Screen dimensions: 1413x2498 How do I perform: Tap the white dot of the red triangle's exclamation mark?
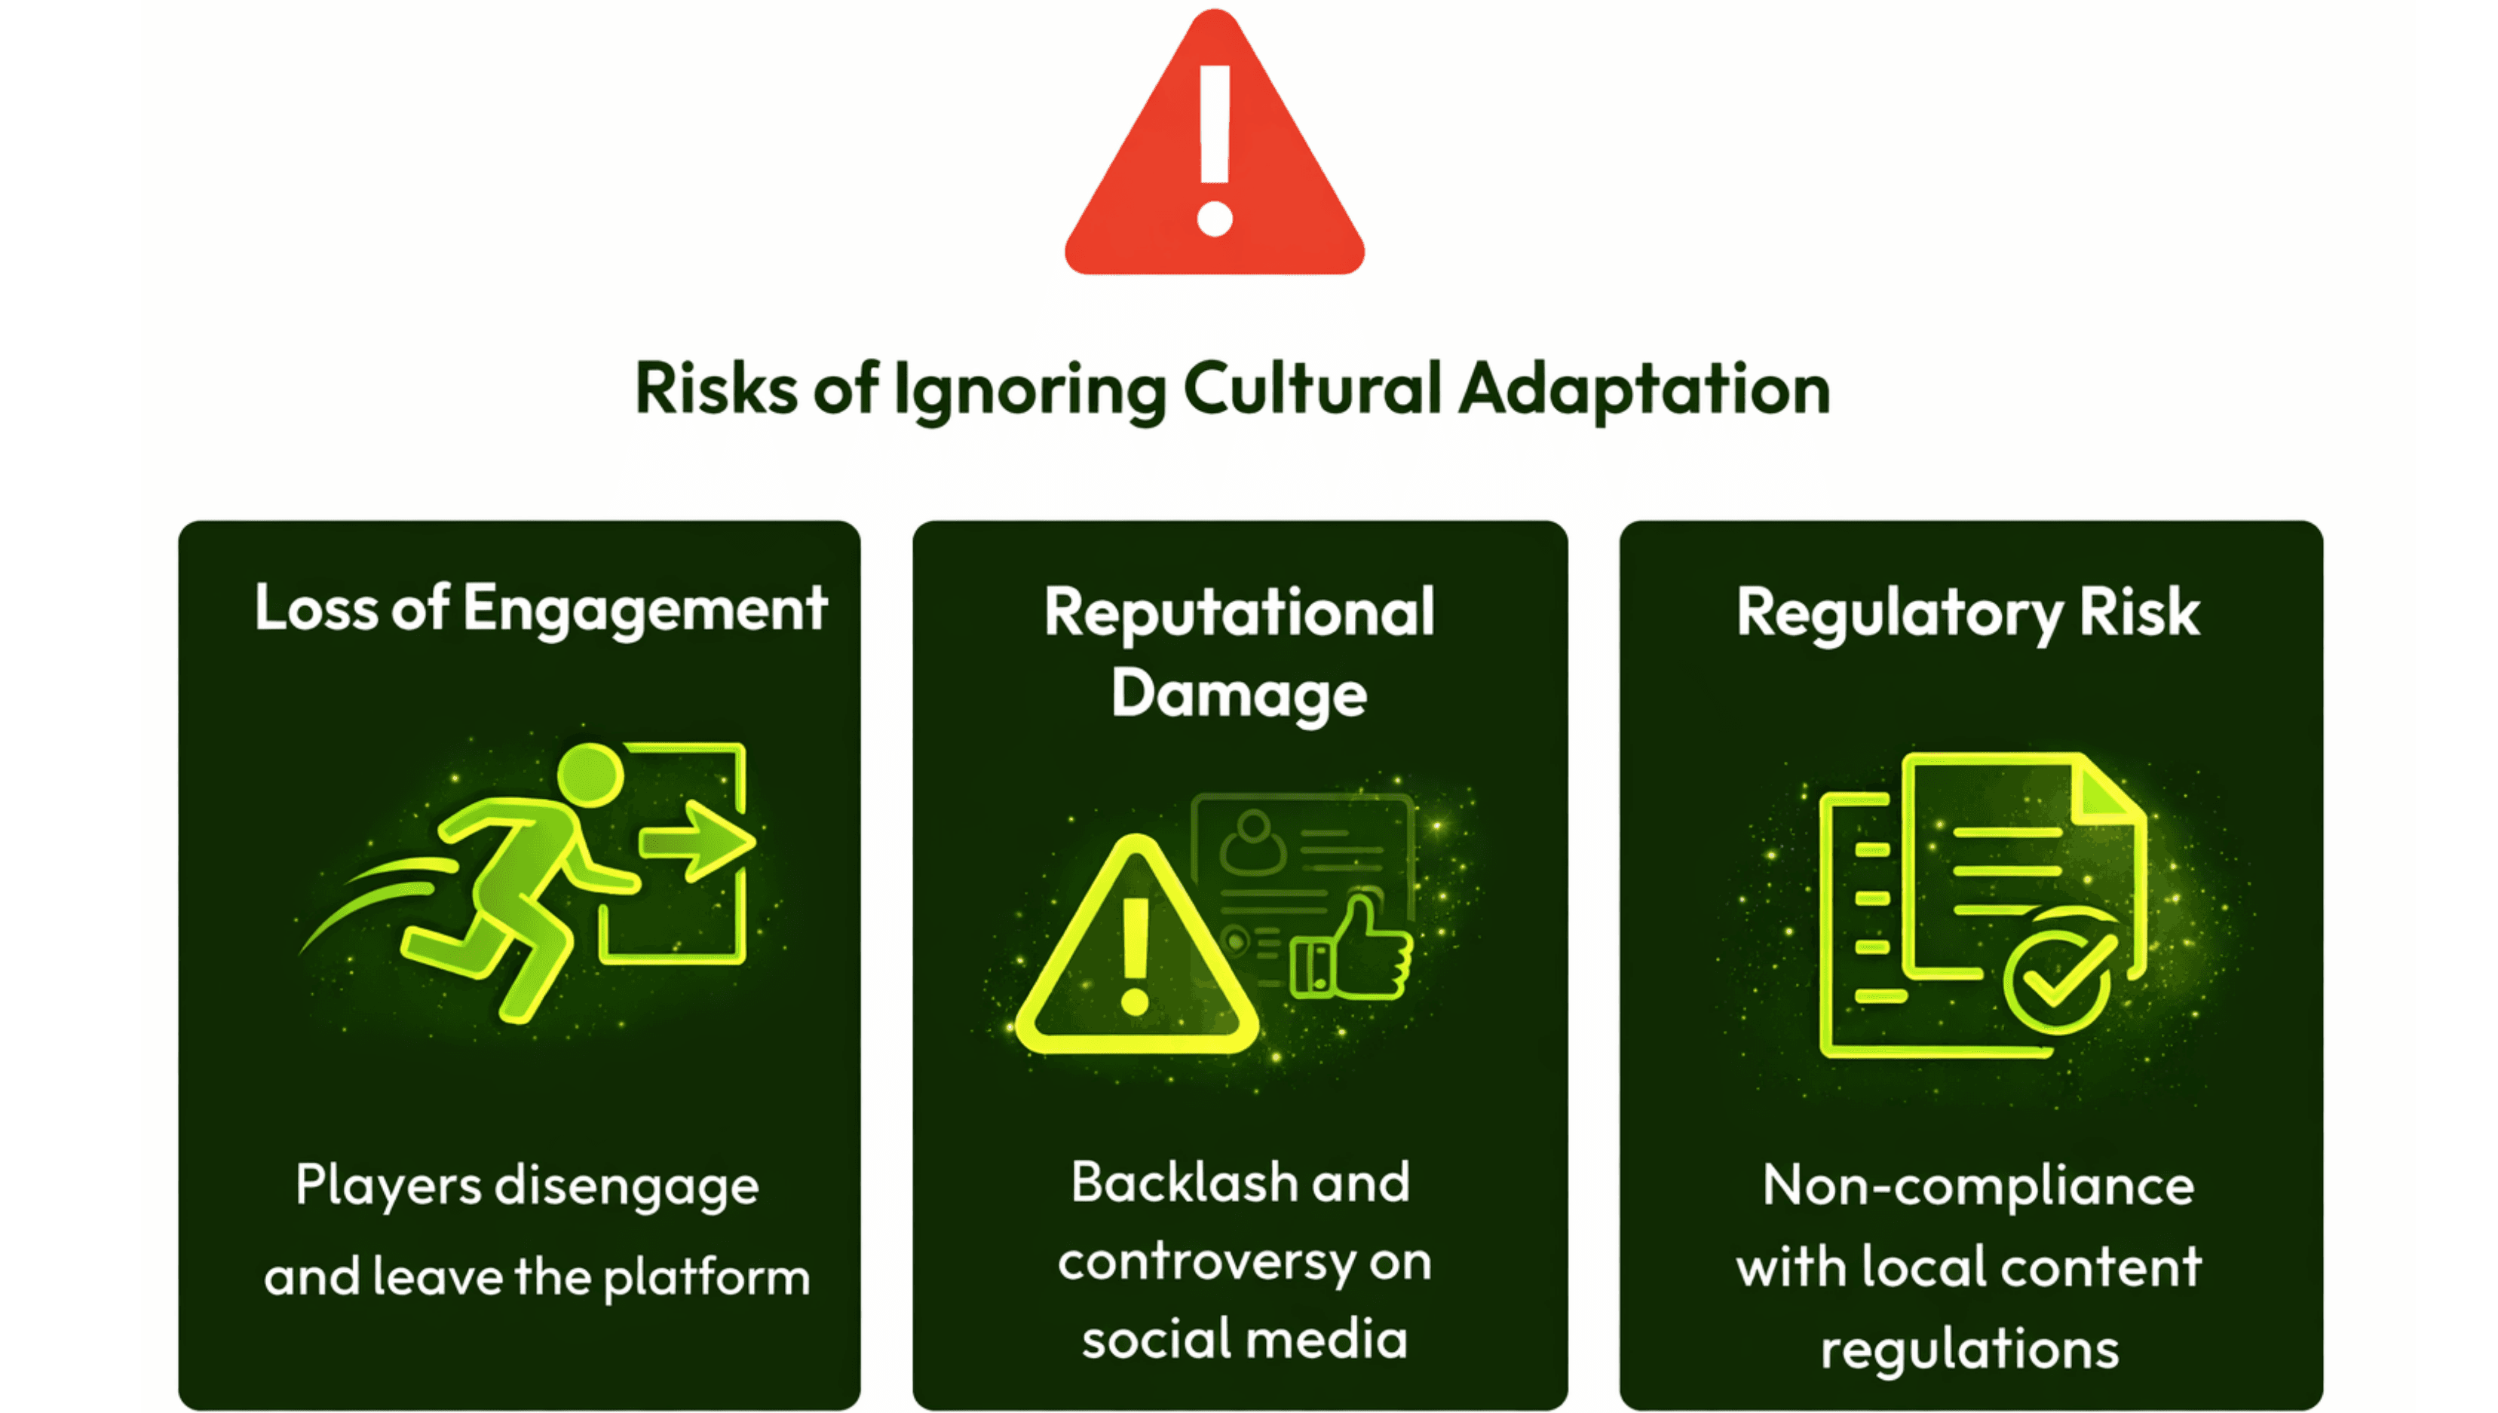click(x=1215, y=219)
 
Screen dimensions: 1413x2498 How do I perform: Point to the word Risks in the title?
click(x=716, y=389)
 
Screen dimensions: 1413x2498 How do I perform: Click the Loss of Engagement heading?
click(x=540, y=610)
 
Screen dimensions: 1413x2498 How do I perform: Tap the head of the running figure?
click(x=590, y=775)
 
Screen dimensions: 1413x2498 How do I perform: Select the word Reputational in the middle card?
click(x=1239, y=613)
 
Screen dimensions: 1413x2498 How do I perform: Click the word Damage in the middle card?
click(x=1239, y=695)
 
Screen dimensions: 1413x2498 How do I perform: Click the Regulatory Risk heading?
click(x=1968, y=613)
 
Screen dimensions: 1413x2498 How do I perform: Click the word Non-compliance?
click(x=1978, y=1186)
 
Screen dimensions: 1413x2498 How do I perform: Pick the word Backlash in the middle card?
click(x=1185, y=1183)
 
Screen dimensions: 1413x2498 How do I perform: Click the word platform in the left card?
click(x=706, y=1277)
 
